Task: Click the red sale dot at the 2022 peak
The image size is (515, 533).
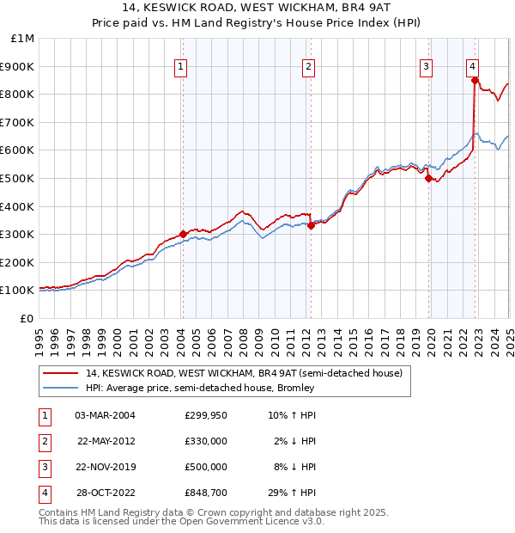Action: (x=475, y=81)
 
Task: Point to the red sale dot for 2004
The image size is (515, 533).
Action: (x=183, y=234)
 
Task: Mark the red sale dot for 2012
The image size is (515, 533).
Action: (x=311, y=226)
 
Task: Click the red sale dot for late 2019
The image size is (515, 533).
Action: (x=428, y=178)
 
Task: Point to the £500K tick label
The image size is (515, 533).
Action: (x=18, y=178)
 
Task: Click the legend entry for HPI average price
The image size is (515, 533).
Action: (x=200, y=388)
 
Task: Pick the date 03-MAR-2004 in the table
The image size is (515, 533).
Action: (x=106, y=415)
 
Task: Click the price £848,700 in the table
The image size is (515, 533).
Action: (x=206, y=493)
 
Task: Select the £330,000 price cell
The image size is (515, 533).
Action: (x=206, y=441)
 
